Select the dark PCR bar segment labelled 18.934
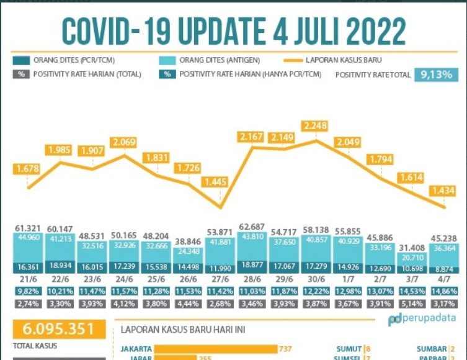click(60, 268)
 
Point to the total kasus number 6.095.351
click(51, 329)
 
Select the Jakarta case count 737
click(285, 349)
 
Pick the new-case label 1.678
click(29, 168)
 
